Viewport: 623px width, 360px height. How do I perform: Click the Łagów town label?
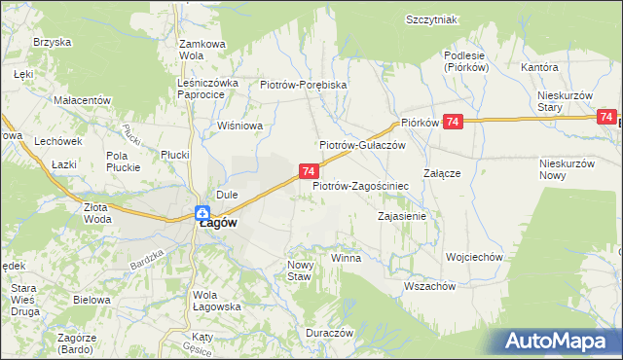pyautogui.click(x=220, y=222)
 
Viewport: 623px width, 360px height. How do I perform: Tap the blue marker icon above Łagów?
pyautogui.click(x=202, y=213)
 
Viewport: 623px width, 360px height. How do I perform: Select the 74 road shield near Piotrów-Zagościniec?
pyautogui.click(x=308, y=171)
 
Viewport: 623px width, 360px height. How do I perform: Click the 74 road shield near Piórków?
pyautogui.click(x=453, y=122)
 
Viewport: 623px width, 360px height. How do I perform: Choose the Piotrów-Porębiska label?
pyautogui.click(x=304, y=85)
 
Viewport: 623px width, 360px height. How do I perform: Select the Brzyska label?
pyautogui.click(x=52, y=42)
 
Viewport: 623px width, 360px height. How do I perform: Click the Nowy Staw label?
pyautogui.click(x=298, y=270)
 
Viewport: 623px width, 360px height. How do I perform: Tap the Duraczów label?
pyautogui.click(x=328, y=332)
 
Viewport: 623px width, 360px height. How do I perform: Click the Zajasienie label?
pyautogui.click(x=402, y=216)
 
